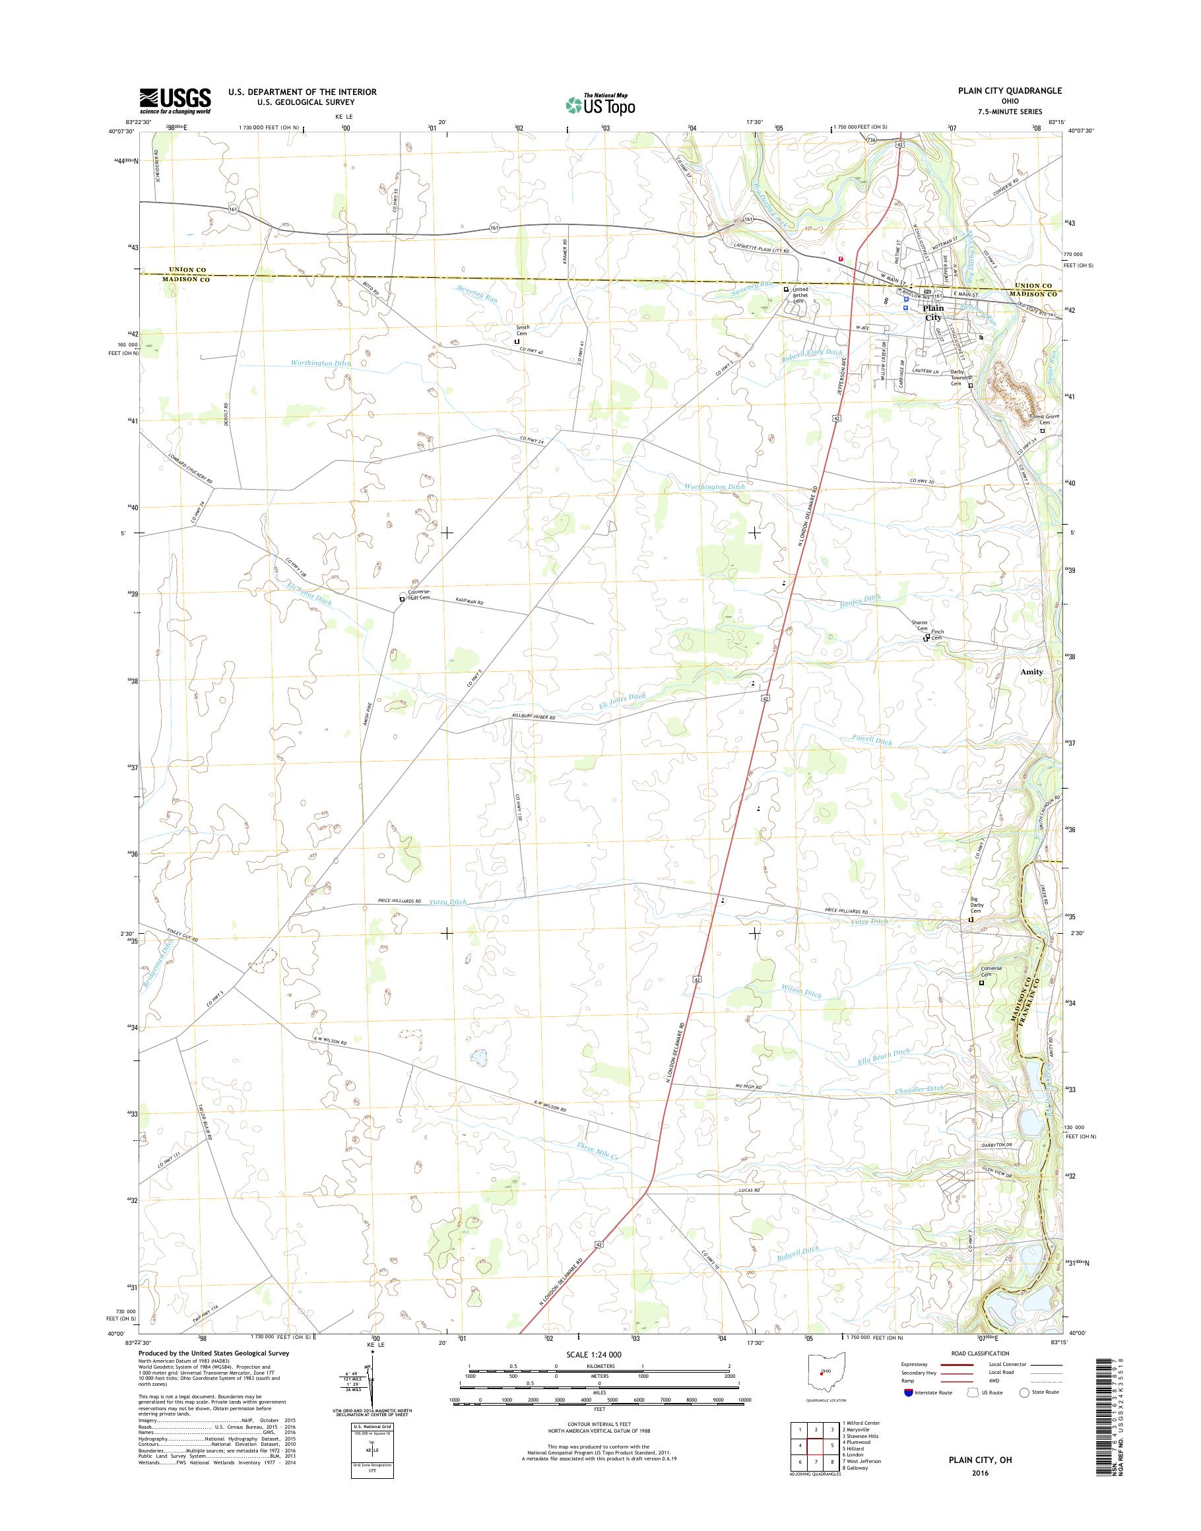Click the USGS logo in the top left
pyautogui.click(x=175, y=100)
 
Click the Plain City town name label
pyautogui.click(x=933, y=312)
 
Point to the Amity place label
pyautogui.click(x=1031, y=672)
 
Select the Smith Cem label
pyautogui.click(x=523, y=331)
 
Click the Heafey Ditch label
pyautogui.click(x=860, y=599)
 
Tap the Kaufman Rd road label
pyautogui.click(x=470, y=602)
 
